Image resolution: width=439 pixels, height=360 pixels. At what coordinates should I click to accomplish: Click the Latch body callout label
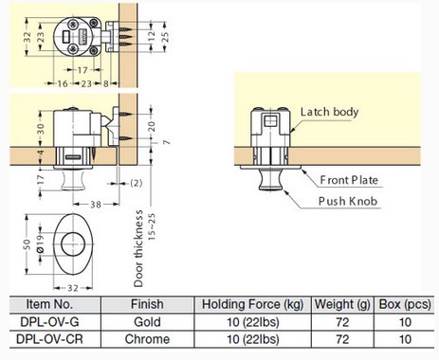pos(329,112)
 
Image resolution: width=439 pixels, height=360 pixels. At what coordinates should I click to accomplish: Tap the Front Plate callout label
pos(349,180)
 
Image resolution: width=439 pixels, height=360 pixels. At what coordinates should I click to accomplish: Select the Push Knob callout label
pos(348,201)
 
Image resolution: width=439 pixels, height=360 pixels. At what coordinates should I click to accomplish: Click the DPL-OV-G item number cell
pos(49,322)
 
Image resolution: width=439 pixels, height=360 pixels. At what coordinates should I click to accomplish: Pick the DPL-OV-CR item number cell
pos(49,339)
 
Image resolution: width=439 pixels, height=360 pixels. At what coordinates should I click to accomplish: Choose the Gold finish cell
pos(147,322)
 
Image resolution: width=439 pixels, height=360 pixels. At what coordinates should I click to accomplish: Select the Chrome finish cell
pos(147,339)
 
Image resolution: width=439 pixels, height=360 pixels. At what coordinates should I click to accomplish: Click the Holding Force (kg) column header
pos(252,304)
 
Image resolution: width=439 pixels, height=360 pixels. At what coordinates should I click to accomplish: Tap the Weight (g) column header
pos(342,304)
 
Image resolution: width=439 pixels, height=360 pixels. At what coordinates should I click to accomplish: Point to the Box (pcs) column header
pos(405,304)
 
